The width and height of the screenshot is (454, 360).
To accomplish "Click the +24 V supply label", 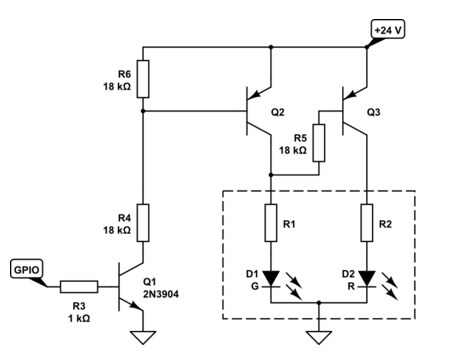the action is point(388,30).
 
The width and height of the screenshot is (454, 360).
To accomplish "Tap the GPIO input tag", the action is point(27,269).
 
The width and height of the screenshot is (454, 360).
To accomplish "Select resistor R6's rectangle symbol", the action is point(143,79).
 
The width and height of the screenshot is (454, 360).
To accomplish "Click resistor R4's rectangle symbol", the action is point(143,223).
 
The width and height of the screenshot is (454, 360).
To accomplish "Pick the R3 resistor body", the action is point(79,287).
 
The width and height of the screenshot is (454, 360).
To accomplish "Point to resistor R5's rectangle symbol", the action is point(319,143).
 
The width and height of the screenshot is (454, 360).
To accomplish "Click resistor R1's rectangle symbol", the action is point(271,223).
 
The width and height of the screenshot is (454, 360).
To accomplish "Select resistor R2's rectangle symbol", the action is point(367,223).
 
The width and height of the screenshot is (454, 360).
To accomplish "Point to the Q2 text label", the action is point(278,112).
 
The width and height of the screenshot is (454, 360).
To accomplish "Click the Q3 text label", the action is point(373,112).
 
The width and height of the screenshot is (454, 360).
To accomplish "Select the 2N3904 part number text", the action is point(161,294).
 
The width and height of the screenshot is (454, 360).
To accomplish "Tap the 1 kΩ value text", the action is point(79,318).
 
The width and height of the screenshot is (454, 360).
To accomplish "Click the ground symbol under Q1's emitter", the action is point(143,337).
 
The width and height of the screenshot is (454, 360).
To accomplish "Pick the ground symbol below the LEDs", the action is point(319,337).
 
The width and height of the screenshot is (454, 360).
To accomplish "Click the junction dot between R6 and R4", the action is point(143,111).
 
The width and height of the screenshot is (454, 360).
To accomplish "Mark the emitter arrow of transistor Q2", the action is point(255,94).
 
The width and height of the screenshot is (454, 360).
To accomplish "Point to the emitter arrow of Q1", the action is point(135,305).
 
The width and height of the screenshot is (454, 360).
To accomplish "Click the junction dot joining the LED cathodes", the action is point(319,303).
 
